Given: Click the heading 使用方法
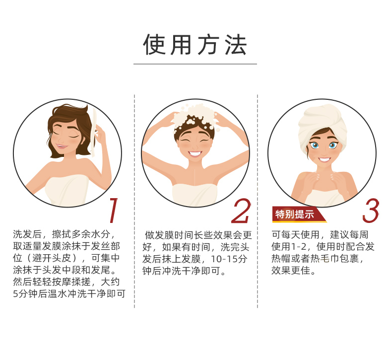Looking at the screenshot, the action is (x=195, y=45).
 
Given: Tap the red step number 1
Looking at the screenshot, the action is (x=114, y=210).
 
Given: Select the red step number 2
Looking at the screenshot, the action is (x=241, y=211).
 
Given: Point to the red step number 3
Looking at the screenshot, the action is (x=371, y=211).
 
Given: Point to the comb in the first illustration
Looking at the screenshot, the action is (x=94, y=133).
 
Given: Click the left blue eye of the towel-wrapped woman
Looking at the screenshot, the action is (x=314, y=145).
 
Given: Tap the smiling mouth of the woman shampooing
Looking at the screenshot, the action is (x=195, y=153).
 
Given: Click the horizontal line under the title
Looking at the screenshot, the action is (x=195, y=64).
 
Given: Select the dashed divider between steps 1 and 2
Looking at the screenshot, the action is (x=134, y=202).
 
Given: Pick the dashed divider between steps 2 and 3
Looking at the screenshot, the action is (x=258, y=202).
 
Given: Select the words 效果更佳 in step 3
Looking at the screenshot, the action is (x=291, y=271).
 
